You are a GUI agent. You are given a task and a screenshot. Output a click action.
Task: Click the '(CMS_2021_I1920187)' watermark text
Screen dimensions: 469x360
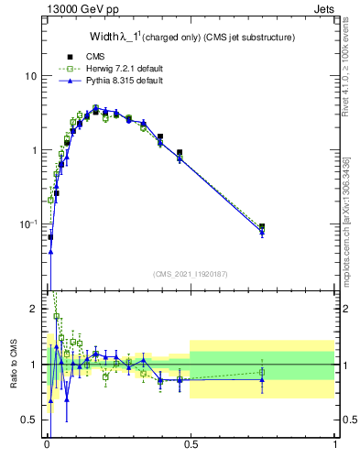click(191, 274)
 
